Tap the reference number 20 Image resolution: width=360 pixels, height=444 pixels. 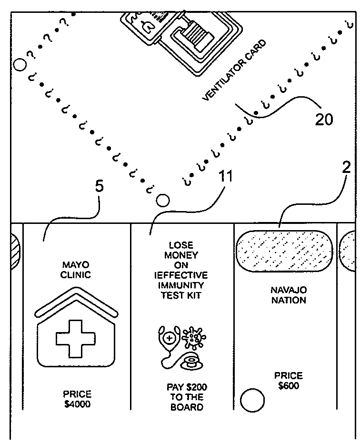coord(324,119)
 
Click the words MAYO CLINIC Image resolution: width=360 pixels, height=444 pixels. coord(76,269)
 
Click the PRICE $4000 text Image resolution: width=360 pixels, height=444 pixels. coord(77,399)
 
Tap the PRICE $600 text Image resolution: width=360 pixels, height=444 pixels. coord(288,381)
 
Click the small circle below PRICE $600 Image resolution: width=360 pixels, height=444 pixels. coord(252,401)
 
